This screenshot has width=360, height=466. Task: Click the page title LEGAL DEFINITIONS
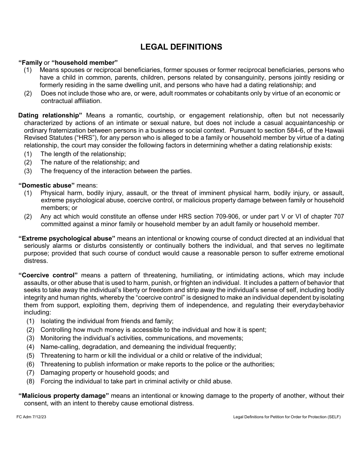coord(181,47)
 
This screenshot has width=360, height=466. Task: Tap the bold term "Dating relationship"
coord(50,115)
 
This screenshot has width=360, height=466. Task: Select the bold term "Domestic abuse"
coord(47,185)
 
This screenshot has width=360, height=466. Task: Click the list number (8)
coord(30,381)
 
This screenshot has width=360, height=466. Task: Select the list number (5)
coord(30,355)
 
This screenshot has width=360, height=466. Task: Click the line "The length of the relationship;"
coord(83,154)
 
